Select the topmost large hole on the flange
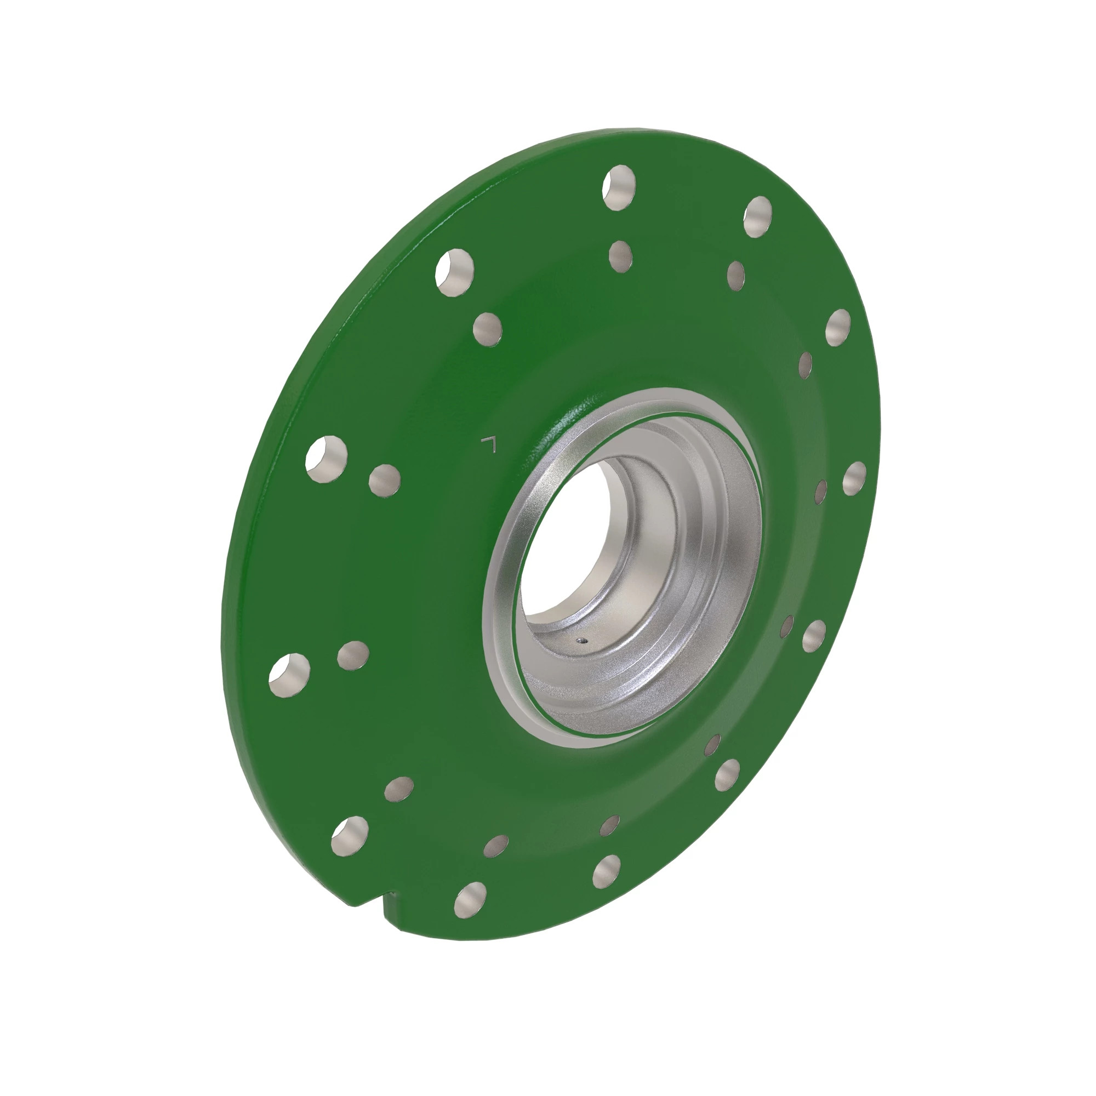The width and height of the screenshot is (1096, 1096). pos(619,187)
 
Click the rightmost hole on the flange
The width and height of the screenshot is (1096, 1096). pos(854,478)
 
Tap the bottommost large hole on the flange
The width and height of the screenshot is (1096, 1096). pos(470,899)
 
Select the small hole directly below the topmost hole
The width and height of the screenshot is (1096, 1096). pos(621,256)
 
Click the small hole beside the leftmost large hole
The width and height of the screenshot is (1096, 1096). pos(353,655)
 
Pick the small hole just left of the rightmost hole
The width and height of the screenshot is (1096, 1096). pos(820,492)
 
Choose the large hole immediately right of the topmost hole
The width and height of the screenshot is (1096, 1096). pos(758,216)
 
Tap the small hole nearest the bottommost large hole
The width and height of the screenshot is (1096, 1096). pos(496,845)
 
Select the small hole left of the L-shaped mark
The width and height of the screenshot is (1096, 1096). pos(384,481)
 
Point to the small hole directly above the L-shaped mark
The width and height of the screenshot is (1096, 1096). pos(487,329)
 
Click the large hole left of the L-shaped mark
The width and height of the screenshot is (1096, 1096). pos(326,459)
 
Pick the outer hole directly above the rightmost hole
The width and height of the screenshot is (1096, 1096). pos(838,328)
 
